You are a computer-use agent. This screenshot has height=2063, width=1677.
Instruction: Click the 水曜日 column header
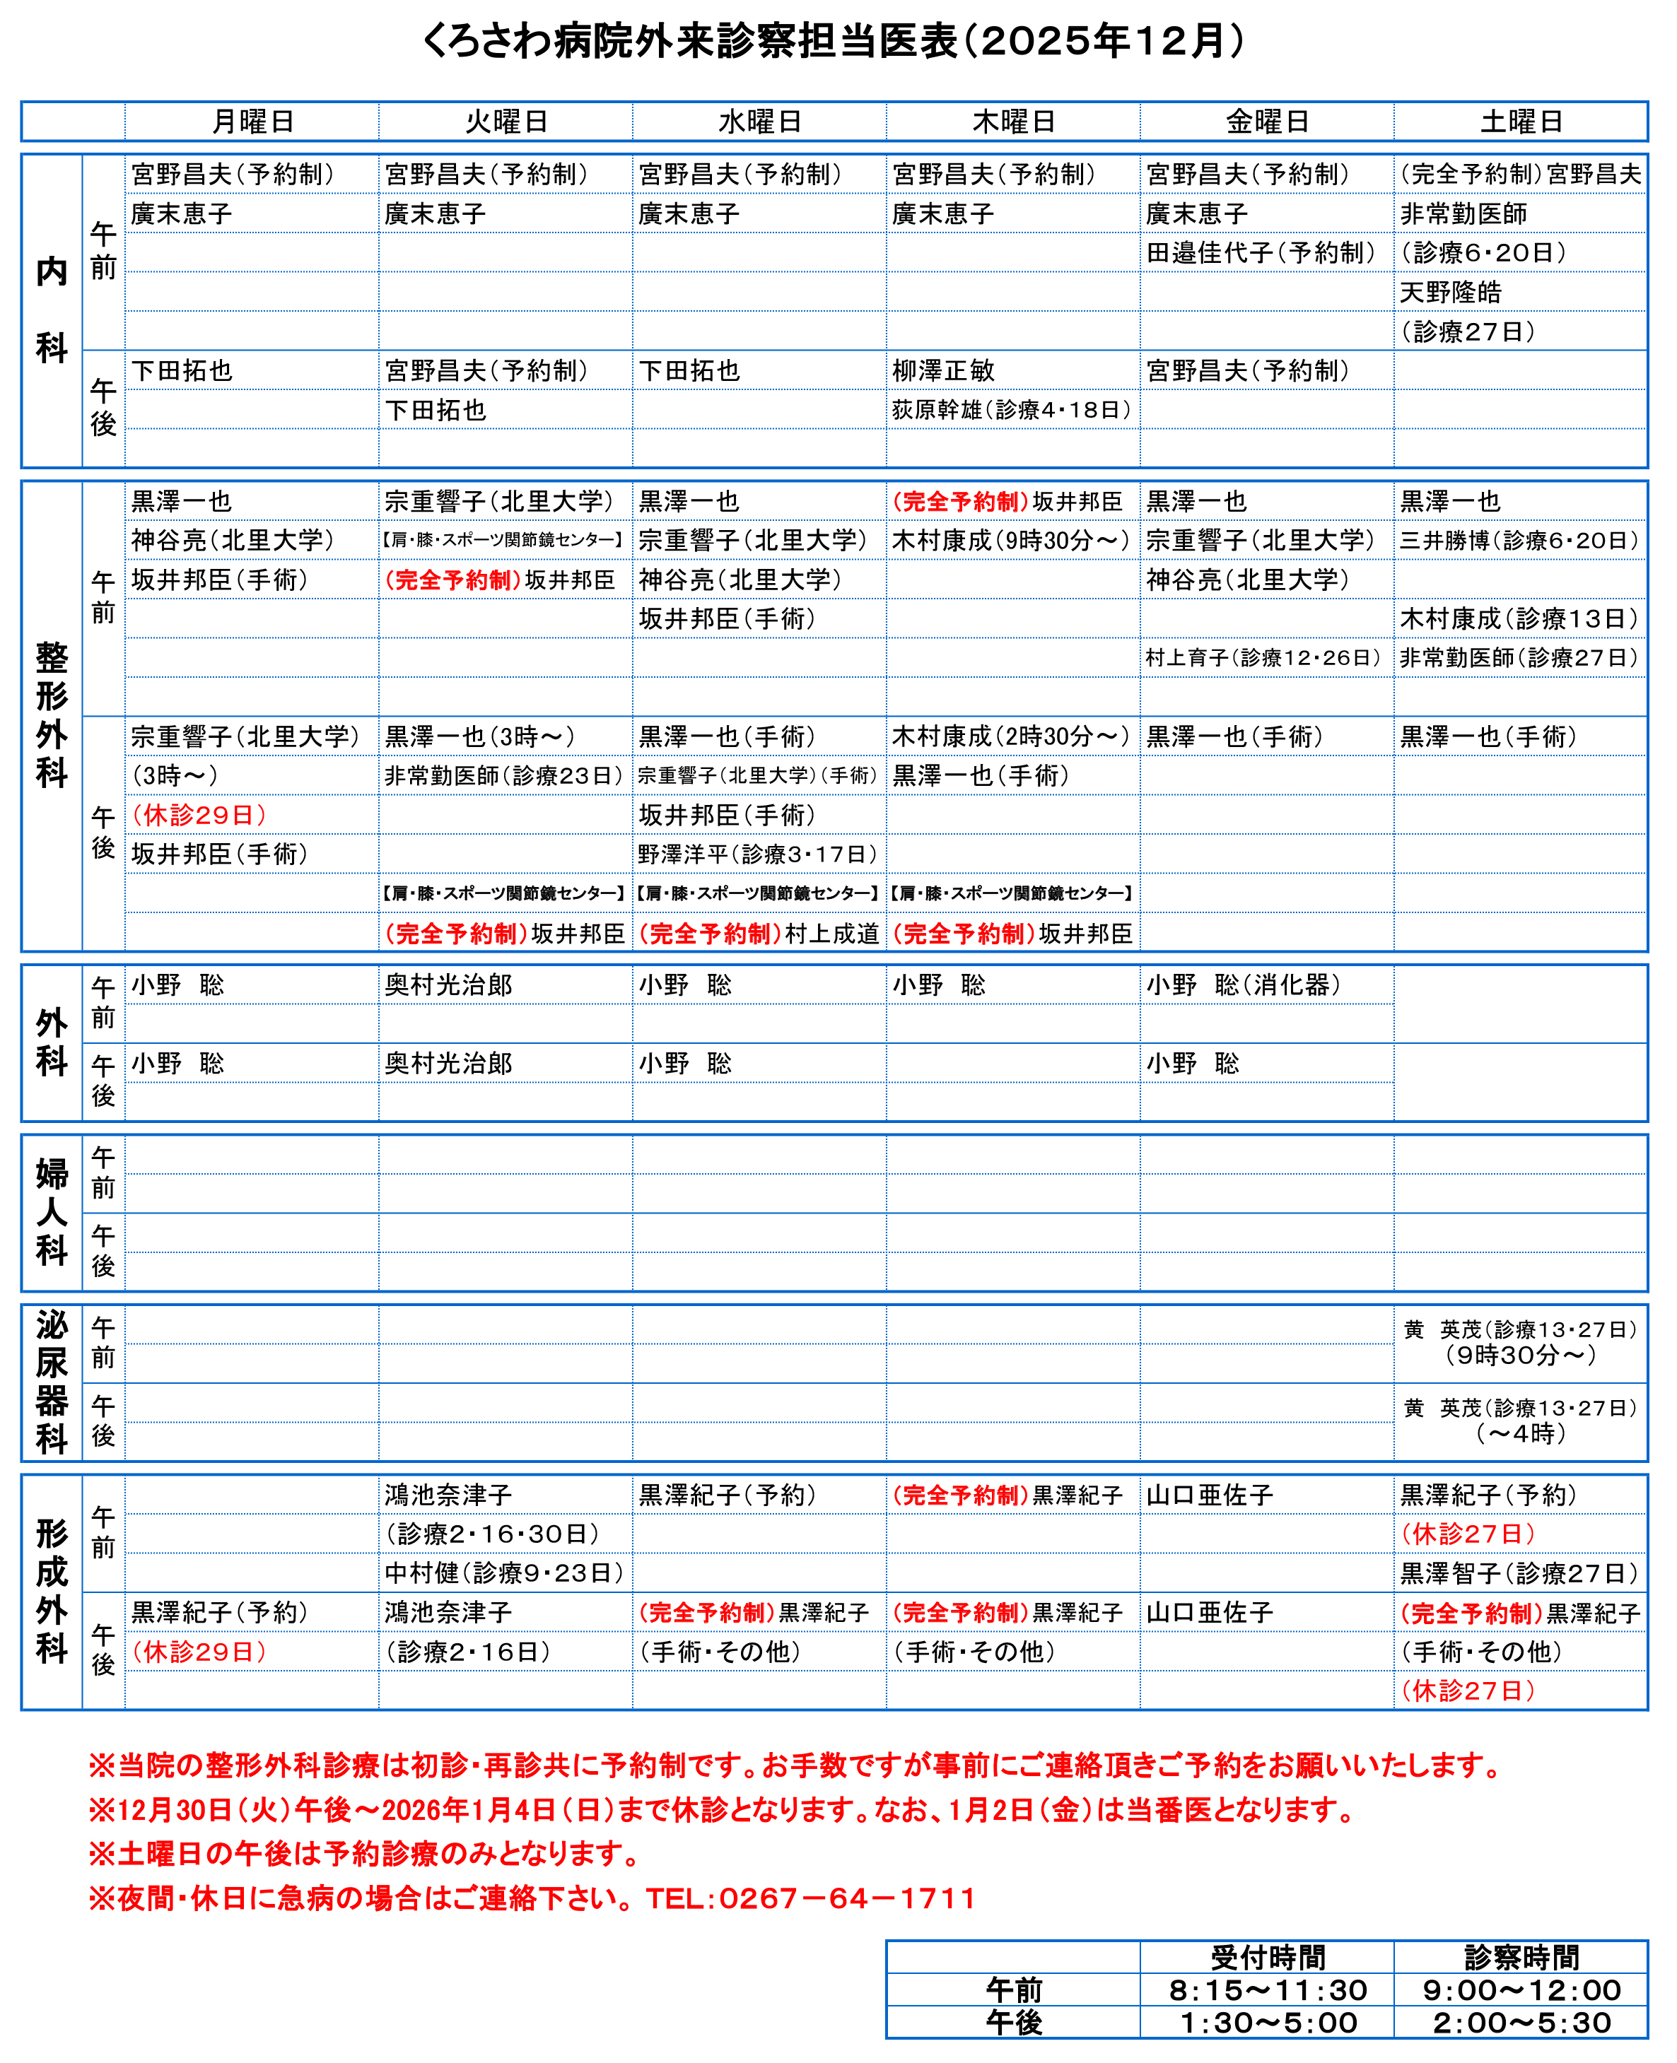coord(759,122)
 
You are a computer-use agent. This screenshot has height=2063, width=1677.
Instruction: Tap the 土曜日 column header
coord(1521,122)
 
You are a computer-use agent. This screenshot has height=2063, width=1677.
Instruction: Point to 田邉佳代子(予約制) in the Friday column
coord(1260,253)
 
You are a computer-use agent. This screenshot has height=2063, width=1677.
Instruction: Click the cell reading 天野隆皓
coord(1450,292)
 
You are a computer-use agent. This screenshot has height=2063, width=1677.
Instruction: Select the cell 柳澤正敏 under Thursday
coord(943,371)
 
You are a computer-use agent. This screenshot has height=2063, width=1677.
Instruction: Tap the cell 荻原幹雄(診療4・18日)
coord(1012,409)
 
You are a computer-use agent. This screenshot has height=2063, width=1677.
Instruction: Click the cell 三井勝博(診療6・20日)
coord(1519,541)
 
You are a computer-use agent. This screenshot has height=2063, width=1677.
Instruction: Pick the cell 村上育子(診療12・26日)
coord(1263,658)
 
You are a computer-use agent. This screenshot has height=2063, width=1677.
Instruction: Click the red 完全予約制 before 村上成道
coord(709,934)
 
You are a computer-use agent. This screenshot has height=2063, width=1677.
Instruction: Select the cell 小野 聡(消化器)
coord(1244,985)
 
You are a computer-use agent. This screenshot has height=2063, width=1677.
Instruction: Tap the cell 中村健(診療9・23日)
coord(504,1573)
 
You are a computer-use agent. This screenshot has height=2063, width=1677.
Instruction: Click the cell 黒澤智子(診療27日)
coord(1519,1573)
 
